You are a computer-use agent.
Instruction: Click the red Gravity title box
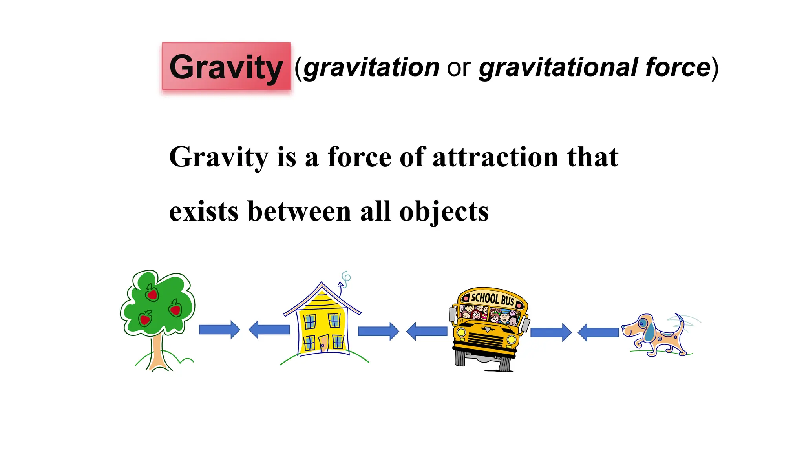[226, 67]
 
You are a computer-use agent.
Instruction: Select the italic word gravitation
[371, 67]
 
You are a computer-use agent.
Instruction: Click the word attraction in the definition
[495, 157]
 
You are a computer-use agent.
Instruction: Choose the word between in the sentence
[299, 212]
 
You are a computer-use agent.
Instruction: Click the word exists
[203, 212]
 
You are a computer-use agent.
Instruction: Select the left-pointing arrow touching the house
[269, 330]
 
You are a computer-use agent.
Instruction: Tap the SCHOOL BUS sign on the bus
[492, 299]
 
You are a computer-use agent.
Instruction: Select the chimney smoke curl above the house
[345, 278]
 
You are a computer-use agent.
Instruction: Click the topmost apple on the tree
[152, 293]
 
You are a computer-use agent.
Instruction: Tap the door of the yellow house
[323, 344]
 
